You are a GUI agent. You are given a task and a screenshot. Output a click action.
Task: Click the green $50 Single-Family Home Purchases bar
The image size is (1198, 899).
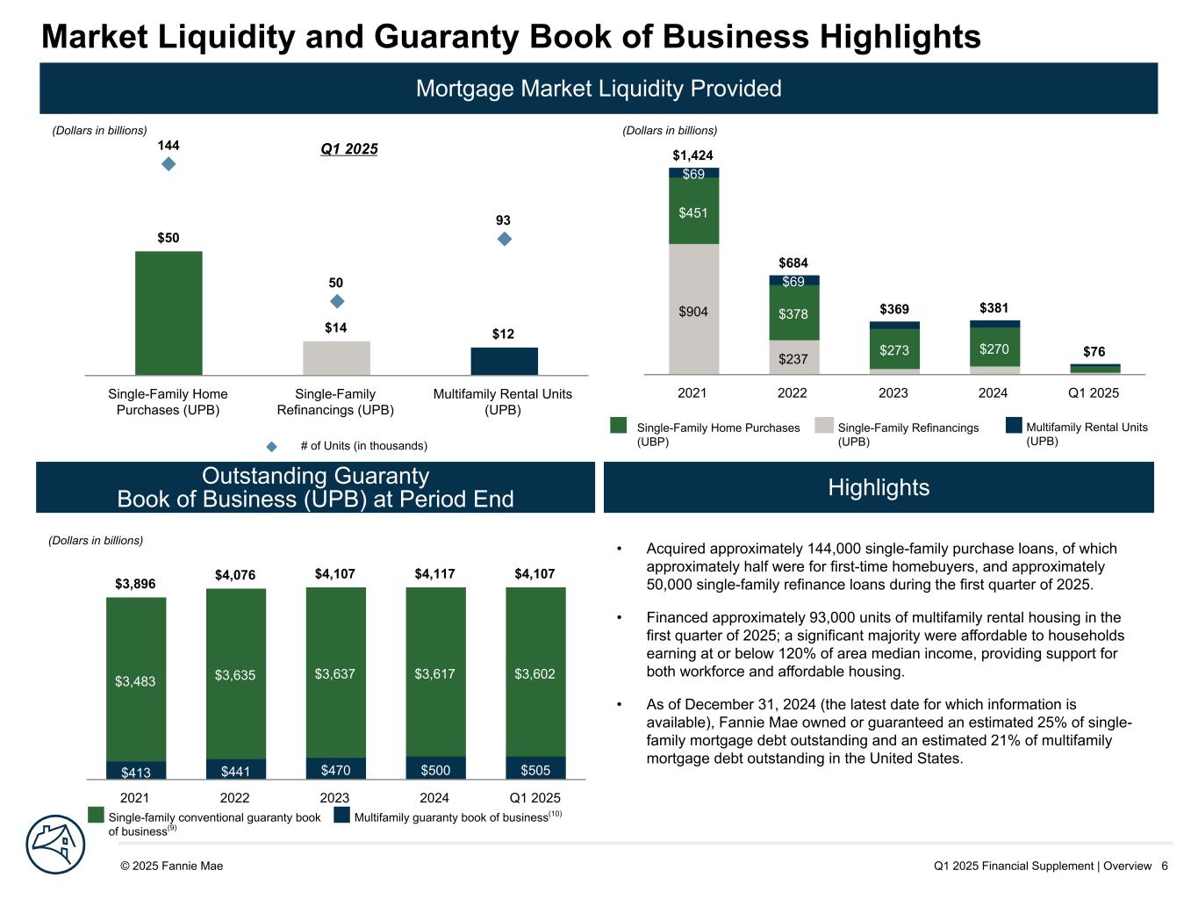coord(169,313)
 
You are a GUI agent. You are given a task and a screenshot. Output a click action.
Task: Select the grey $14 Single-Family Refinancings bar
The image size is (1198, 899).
coord(336,357)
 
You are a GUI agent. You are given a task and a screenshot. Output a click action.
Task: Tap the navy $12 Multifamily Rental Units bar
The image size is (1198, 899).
coord(504,361)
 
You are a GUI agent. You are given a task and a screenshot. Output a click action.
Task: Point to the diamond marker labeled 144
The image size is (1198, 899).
coord(169,163)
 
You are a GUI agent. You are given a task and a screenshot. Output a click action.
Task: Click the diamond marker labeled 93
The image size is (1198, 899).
coord(504,238)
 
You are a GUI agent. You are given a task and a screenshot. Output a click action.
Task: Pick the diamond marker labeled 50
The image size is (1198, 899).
coord(336,301)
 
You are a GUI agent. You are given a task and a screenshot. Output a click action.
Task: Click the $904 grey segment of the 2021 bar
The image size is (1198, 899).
coord(693,309)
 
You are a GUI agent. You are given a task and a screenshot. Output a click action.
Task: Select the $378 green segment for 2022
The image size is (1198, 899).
coord(793,313)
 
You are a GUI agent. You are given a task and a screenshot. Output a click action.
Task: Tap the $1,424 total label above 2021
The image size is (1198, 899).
coord(692,155)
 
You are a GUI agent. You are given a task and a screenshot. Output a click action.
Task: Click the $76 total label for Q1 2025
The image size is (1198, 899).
coord(1094,352)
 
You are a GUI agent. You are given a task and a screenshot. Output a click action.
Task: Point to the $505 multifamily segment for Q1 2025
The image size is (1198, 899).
coord(535,769)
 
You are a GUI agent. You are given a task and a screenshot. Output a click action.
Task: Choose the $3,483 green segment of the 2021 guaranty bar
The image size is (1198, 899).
coord(135,680)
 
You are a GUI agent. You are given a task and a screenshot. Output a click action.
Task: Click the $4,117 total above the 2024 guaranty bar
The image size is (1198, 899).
coord(434,574)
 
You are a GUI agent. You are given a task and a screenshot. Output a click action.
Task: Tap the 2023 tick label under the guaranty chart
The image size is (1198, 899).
coord(334,798)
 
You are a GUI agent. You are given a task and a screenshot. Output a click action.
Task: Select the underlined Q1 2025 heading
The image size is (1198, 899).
coord(348,148)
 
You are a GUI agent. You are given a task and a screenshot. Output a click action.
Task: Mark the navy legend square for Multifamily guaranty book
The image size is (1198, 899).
coord(341,816)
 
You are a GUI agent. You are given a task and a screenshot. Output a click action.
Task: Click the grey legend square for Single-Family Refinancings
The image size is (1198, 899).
coord(823,425)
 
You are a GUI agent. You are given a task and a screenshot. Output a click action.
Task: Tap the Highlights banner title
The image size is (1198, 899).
coord(879,487)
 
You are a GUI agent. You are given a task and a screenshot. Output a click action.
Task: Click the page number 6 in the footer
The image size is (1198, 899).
coord(1164,866)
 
